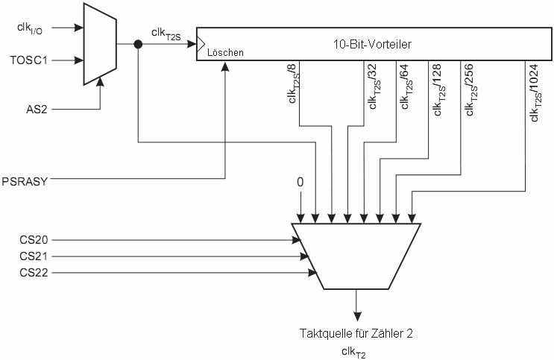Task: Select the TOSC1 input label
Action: click(33, 59)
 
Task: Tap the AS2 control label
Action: click(37, 110)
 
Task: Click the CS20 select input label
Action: click(34, 240)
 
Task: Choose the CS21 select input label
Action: click(34, 256)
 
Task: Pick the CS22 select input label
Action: click(34, 273)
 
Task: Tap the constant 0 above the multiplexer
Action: click(300, 182)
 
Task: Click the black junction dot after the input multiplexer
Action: click(138, 44)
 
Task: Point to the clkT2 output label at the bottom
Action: click(354, 351)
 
